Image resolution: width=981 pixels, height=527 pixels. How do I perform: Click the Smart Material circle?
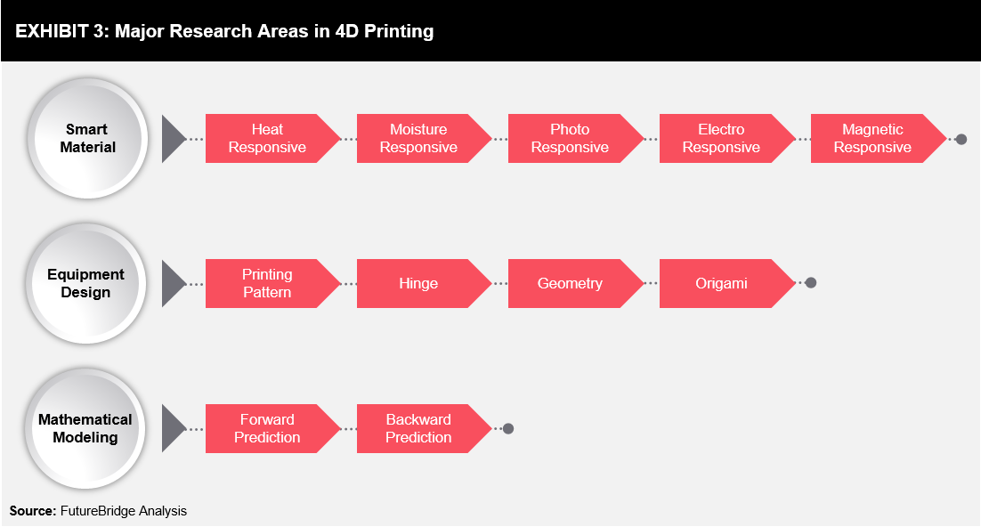pyautogui.click(x=87, y=138)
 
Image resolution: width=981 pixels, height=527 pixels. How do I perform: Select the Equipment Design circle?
pyautogui.click(x=85, y=283)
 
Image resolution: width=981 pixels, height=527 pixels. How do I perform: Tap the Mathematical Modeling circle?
pyautogui.click(x=85, y=429)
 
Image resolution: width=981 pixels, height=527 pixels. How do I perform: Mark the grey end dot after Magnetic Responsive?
pyautogui.click(x=961, y=139)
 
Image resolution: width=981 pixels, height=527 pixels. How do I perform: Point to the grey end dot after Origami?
pyautogui.click(x=811, y=283)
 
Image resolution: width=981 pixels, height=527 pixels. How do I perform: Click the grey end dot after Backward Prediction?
pyautogui.click(x=508, y=429)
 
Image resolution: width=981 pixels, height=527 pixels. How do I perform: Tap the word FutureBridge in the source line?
pyautogui.click(x=98, y=511)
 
